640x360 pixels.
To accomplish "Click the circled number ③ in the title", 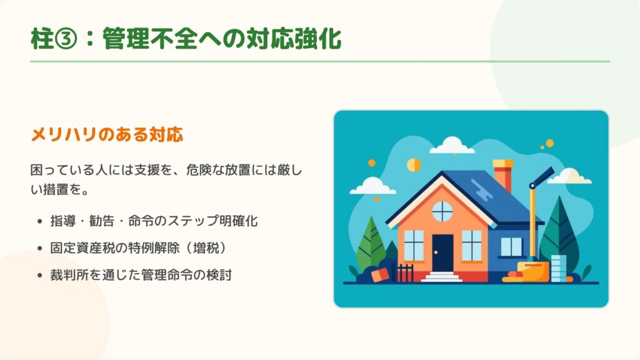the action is (x=66, y=39).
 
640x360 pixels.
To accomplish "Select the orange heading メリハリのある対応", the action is (x=107, y=134).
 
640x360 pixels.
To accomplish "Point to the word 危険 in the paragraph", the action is (x=199, y=170).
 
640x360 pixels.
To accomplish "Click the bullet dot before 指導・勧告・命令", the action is (x=39, y=222).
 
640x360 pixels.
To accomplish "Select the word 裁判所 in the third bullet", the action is (x=69, y=275).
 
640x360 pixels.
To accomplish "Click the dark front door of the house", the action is (x=442, y=253).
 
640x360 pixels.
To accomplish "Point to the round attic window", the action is (x=442, y=211).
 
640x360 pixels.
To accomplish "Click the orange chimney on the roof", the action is (x=502, y=176).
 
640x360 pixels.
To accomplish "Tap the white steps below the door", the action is (x=442, y=277).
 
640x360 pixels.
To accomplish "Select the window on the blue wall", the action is (x=511, y=247).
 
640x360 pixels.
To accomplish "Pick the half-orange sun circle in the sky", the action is (x=414, y=165).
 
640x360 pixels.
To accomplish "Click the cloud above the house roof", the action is (x=452, y=145).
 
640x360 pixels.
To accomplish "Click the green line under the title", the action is (x=320, y=62).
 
